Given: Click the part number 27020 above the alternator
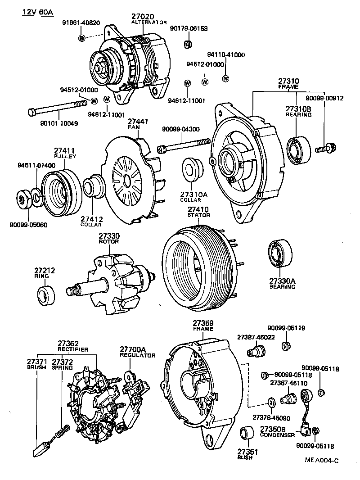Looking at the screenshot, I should [142, 16].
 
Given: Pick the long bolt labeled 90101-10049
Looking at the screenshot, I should [56, 108].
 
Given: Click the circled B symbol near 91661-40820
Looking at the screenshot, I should [82, 38].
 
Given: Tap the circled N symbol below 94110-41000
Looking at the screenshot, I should [226, 79].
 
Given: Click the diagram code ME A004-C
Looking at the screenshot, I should [321, 460].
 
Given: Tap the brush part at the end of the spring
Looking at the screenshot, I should [42, 448].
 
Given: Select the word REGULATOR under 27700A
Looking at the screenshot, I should [137, 355].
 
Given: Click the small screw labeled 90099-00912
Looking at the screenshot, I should [324, 147].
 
